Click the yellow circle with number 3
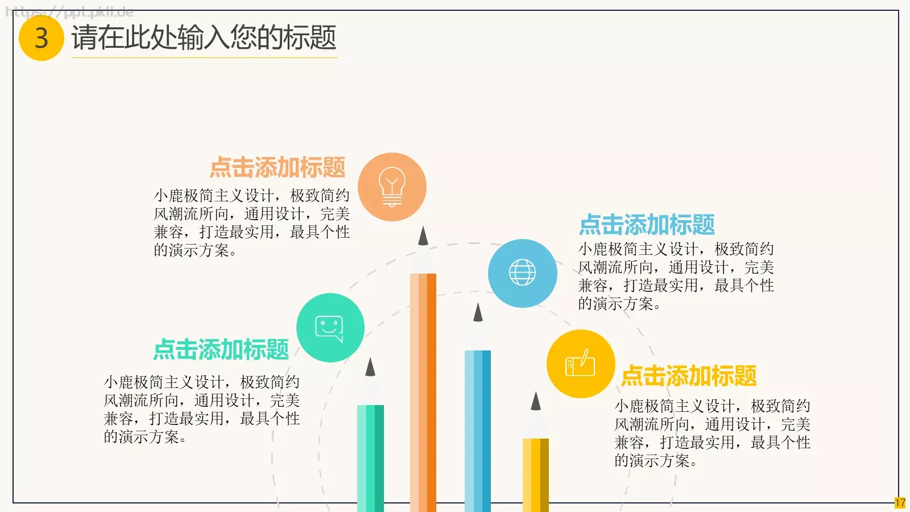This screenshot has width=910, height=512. tap(41, 38)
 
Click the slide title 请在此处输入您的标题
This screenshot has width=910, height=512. tap(204, 38)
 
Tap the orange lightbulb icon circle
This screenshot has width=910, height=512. tap(392, 187)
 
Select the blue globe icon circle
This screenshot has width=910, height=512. tap(522, 273)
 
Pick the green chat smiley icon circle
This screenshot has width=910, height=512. tap(330, 328)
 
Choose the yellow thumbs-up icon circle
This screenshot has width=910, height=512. tap(580, 364)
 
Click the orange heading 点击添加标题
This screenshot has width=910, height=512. tap(278, 168)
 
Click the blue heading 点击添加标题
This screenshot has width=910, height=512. tap(647, 225)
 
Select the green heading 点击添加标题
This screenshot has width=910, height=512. tap(221, 349)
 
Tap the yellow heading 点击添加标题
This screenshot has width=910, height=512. tap(689, 375)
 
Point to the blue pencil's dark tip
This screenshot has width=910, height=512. tap(478, 313)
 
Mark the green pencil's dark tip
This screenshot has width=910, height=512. tap(370, 368)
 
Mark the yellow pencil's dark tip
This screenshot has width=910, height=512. tap(536, 402)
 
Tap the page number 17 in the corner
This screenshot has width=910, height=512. tap(900, 503)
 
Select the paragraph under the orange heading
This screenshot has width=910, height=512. tap(251, 222)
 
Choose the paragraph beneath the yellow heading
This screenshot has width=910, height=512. tap(712, 433)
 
